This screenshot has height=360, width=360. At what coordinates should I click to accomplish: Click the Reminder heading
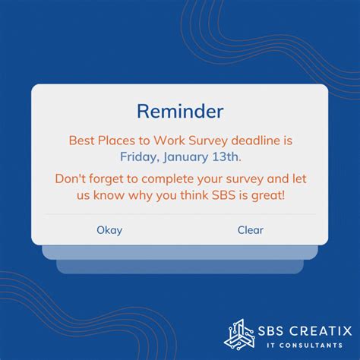click(x=180, y=112)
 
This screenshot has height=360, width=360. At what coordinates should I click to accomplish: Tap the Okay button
click(x=109, y=230)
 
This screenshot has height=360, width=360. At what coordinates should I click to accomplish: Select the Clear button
click(x=251, y=230)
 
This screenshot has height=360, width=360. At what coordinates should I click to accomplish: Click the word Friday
click(x=139, y=157)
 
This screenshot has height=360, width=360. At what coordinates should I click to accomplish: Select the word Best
click(x=81, y=141)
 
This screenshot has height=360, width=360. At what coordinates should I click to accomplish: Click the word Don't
click(x=71, y=180)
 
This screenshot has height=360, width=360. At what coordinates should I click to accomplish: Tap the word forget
click(x=109, y=180)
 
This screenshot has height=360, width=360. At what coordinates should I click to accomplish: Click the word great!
click(x=268, y=197)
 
